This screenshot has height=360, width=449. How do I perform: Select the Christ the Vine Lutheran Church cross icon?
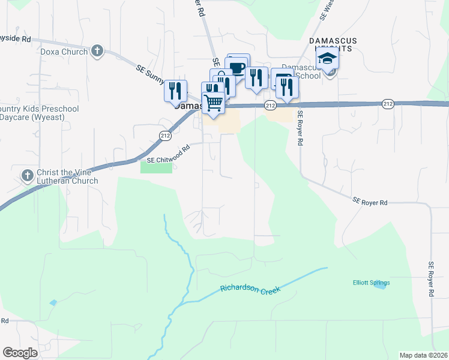coord(27,176)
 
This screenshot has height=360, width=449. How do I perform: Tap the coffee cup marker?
coord(237,66)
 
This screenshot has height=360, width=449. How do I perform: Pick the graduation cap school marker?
coord(328,58)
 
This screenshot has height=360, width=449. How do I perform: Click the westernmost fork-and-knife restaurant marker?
coord(175,91)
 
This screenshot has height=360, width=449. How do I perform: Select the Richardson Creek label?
coord(250,289)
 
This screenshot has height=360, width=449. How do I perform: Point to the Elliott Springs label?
coord(370,283)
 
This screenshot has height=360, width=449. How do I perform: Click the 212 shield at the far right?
coord(388,104)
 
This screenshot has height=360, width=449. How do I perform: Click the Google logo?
coord(20,353)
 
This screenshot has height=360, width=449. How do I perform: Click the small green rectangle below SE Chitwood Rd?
coord(156,167)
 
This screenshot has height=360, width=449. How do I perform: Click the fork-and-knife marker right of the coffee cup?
coord(256,77)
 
